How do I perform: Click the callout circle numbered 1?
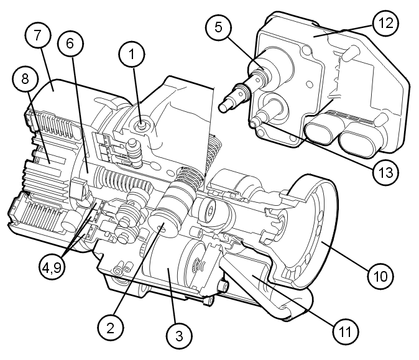(131, 55)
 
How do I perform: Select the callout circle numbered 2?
(110, 326)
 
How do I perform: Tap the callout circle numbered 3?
(178, 336)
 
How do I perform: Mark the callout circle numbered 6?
(70, 43)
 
